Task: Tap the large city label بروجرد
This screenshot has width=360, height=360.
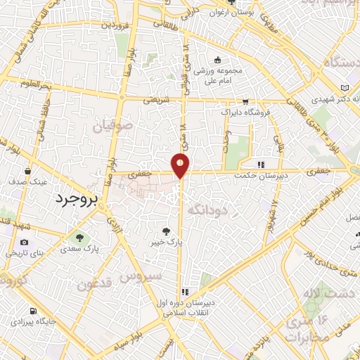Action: (x=79, y=199)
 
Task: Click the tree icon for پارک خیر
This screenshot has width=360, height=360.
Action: (x=166, y=230)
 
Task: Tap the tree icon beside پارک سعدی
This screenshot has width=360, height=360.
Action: (x=78, y=236)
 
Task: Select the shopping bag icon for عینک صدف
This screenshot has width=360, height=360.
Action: (x=28, y=171)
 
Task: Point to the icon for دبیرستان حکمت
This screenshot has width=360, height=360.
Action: (x=261, y=165)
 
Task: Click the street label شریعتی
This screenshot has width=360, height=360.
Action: (x=157, y=100)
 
